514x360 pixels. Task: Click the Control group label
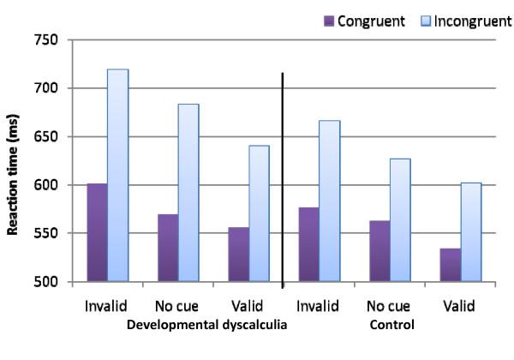pos(391,326)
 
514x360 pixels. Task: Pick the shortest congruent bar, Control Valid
pos(450,265)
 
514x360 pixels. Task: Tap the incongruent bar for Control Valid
pos(470,231)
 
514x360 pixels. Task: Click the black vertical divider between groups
pos(283,180)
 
